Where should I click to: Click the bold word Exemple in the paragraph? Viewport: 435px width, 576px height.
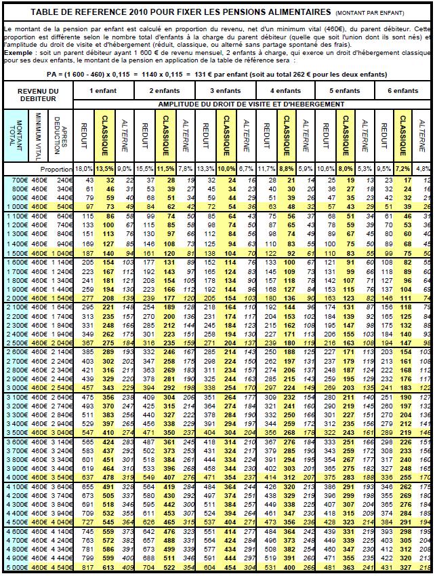pos(19,52)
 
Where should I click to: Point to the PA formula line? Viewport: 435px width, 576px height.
pos(217,74)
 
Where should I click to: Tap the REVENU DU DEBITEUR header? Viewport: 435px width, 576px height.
pos(38,95)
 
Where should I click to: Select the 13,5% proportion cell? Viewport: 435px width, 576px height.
pos(104,168)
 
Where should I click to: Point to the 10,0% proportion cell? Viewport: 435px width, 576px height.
pos(226,168)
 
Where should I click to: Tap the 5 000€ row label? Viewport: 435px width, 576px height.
pos(17,567)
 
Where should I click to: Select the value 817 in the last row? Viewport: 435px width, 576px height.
pos(87,567)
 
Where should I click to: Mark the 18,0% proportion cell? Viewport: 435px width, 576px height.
pos(83,168)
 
